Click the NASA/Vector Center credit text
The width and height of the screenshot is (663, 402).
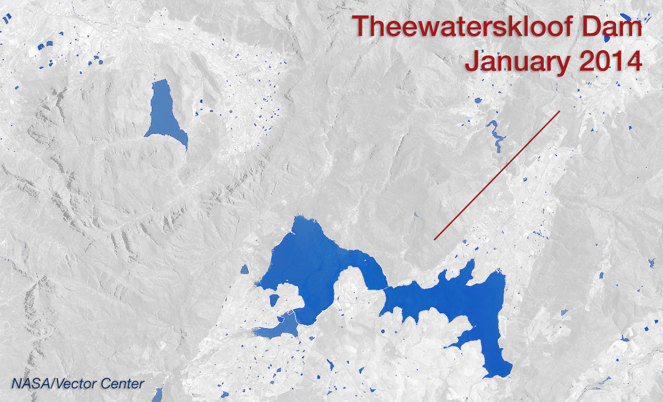coord(78,384)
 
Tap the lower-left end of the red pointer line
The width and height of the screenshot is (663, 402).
coord(435,239)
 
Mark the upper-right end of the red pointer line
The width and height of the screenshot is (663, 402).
coord(559,111)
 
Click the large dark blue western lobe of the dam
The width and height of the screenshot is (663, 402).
coord(313,260)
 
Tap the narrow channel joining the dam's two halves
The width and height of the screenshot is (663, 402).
coord(386,288)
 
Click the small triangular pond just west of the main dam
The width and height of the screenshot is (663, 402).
coord(244,269)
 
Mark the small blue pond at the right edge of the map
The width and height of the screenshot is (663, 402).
coord(651,263)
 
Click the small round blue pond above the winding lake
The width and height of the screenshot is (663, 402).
coord(477,101)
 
